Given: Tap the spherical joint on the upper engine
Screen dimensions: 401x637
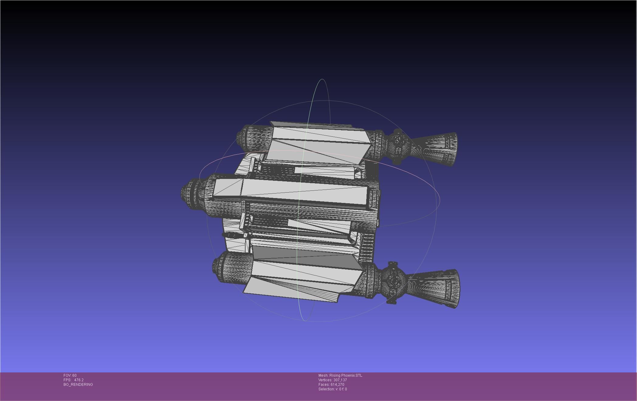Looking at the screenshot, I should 398,146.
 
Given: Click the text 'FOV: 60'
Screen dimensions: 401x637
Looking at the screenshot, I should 70,375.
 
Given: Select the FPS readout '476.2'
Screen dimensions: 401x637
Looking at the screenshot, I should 79,380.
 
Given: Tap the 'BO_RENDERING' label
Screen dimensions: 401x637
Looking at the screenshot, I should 78,385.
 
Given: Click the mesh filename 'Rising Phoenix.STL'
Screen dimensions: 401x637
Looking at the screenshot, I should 346,375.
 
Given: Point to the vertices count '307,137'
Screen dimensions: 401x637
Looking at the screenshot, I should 340,380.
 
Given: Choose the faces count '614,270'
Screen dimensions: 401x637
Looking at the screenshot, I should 337,385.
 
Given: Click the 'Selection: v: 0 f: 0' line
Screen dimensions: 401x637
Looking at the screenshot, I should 332,389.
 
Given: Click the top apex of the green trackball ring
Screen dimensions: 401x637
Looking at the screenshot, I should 322,79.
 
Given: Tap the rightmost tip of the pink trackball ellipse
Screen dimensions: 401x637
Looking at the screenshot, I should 440,199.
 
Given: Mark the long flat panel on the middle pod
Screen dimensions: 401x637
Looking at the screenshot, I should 304,191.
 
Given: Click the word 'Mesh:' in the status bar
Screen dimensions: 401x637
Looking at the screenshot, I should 323,375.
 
